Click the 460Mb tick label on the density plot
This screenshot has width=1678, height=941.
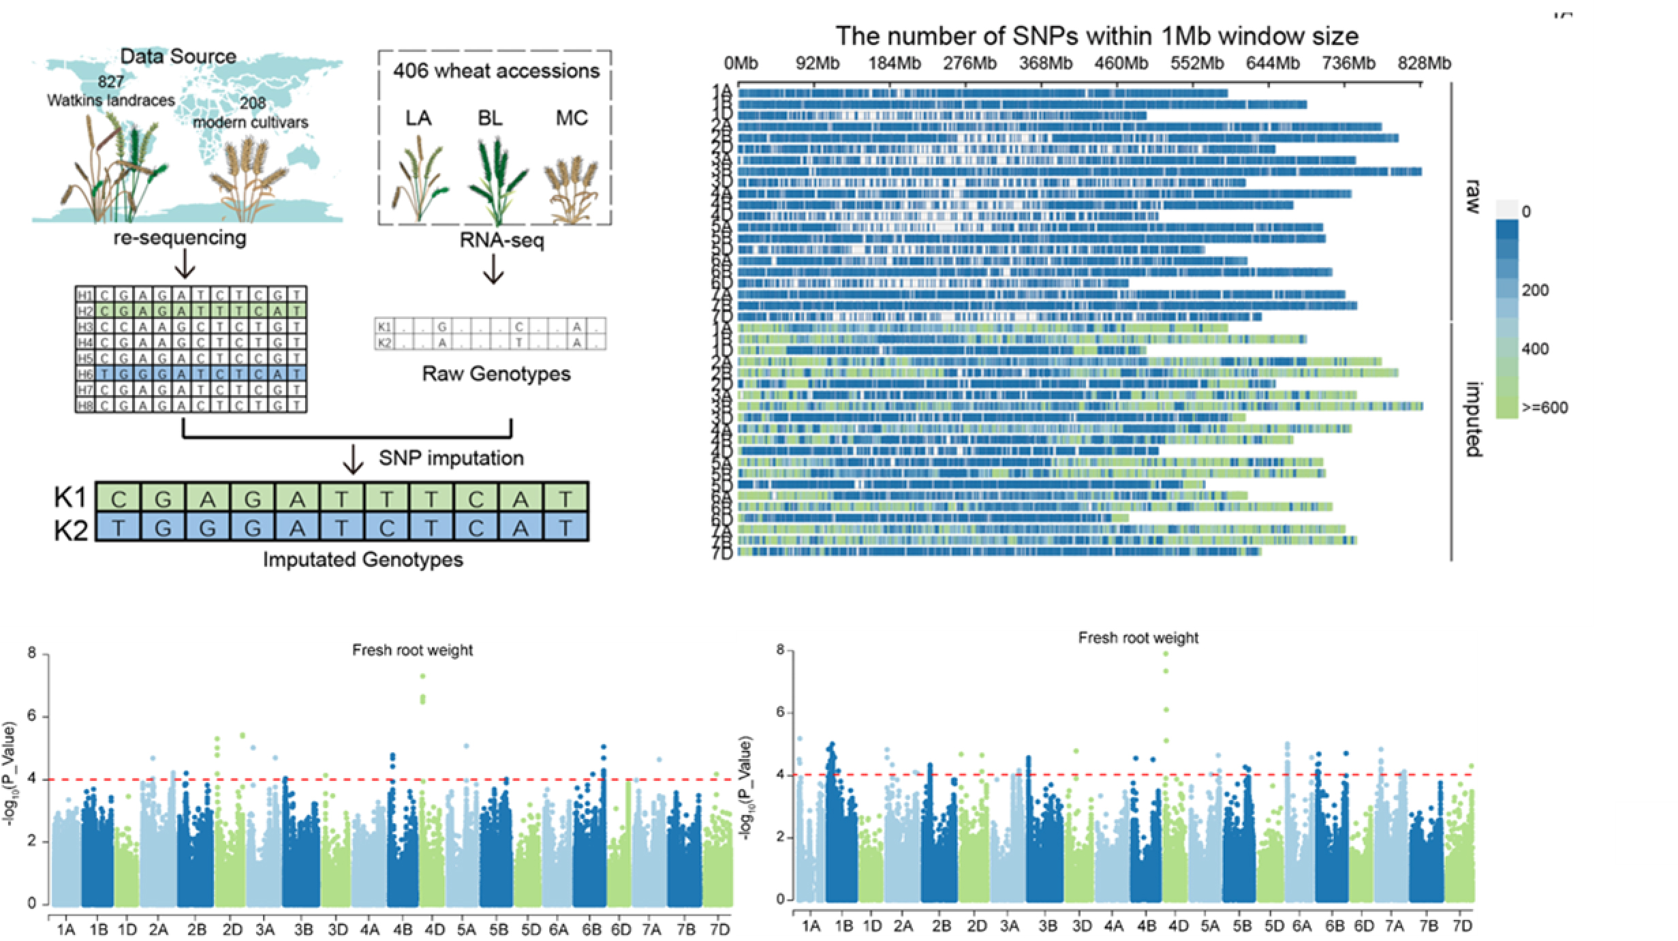[1121, 63]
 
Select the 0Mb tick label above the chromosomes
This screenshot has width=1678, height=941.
[741, 63]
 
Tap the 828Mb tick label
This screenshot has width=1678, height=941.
[1425, 63]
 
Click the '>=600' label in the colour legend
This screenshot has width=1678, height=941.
[1544, 408]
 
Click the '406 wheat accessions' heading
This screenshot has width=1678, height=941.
[496, 71]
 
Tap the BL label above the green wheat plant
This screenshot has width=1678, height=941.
[490, 118]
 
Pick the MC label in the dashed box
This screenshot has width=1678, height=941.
[572, 118]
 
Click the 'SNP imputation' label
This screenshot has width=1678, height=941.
[451, 458]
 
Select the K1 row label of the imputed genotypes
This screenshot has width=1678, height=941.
[70, 499]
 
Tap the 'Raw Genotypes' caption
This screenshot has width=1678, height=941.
[496, 373]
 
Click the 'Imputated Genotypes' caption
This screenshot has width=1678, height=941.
[363, 559]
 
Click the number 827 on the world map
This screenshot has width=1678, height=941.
[110, 82]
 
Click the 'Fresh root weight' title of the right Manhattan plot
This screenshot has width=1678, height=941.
[1138, 638]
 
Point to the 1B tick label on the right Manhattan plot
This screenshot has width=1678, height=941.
[843, 926]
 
